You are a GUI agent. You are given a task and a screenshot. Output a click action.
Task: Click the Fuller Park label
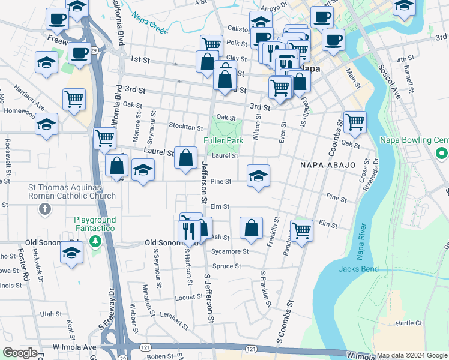223,140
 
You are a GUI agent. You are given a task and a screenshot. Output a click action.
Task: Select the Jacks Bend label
358,269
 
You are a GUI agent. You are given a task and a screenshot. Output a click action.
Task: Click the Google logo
19,353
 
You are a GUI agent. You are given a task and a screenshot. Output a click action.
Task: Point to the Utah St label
50,314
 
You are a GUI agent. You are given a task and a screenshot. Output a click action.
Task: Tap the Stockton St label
186,127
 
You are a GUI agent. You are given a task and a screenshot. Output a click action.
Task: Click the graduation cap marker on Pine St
258,176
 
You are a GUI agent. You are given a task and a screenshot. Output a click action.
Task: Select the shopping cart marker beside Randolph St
301,229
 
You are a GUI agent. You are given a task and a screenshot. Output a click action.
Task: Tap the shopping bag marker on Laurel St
186,158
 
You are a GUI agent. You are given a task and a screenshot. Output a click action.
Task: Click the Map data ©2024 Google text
412,355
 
